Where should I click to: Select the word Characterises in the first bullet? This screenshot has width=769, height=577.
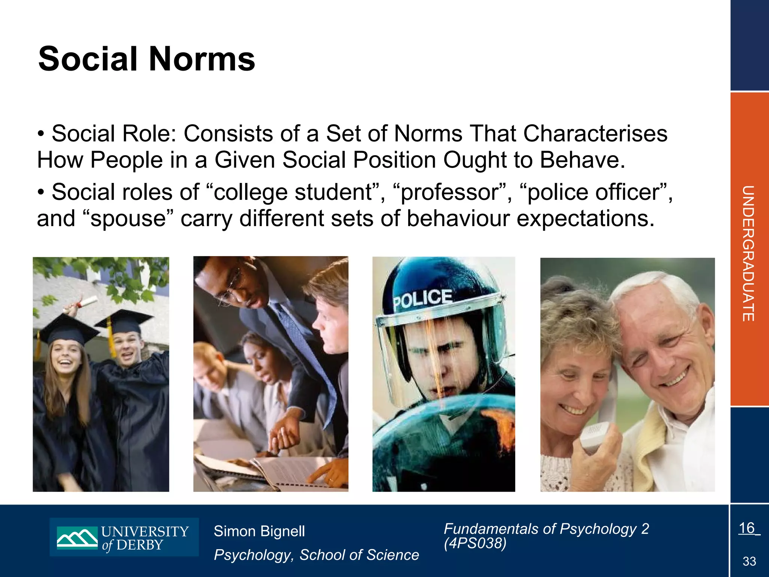595,134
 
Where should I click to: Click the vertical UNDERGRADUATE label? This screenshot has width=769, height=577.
748,254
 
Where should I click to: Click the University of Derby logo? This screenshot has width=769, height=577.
124,537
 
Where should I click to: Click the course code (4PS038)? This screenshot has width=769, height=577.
475,543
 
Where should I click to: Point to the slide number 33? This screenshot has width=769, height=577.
749,562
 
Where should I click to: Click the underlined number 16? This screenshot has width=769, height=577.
747,528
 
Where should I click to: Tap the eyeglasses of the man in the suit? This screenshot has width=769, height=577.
231,287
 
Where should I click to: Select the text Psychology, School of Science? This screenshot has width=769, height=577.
316,555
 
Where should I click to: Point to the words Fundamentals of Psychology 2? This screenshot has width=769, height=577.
546,529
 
